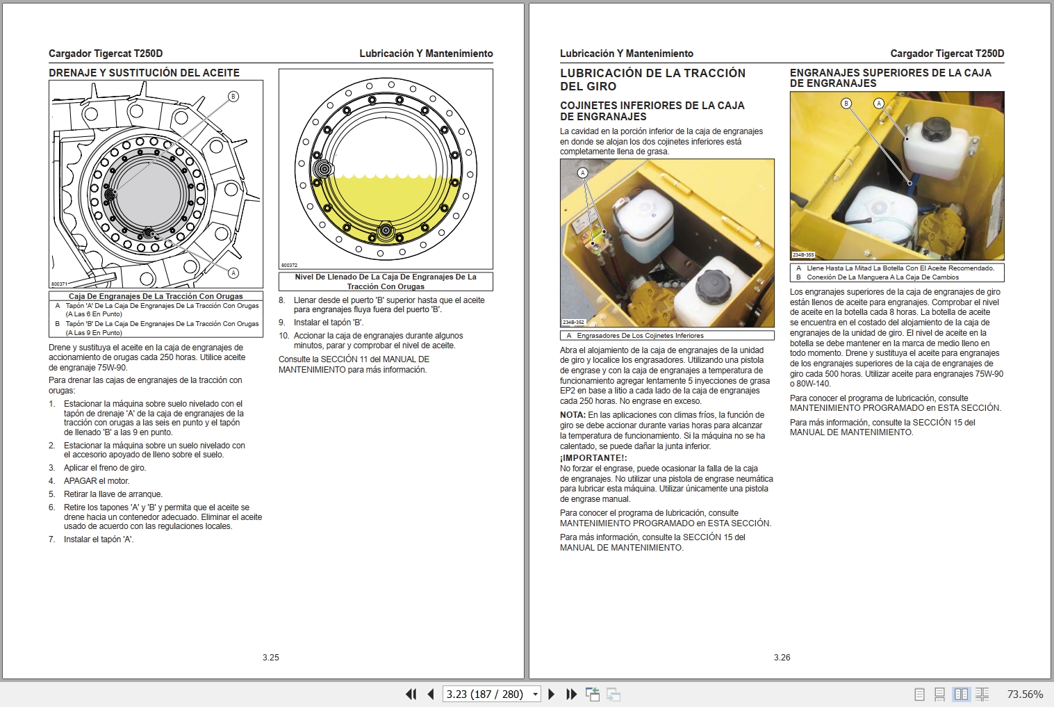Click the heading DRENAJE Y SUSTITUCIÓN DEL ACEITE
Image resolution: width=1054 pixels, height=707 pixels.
144,73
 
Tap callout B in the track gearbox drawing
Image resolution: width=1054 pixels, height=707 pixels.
233,97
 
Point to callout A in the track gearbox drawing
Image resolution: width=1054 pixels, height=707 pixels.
233,273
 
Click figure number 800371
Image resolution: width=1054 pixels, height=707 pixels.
59,284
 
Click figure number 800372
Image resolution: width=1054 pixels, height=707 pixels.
289,266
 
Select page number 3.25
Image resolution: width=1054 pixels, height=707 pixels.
270,657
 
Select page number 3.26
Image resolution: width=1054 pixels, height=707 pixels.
782,657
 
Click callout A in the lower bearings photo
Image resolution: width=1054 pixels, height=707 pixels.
582,173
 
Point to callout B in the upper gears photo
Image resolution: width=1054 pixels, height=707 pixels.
846,104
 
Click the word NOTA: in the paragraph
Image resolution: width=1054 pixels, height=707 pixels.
573,415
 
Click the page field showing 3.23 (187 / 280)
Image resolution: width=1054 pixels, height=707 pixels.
486,694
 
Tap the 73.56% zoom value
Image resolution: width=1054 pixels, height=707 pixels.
1025,694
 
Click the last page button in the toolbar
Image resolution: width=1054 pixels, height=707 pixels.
571,694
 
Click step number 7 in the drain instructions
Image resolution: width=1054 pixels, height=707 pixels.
52,539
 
